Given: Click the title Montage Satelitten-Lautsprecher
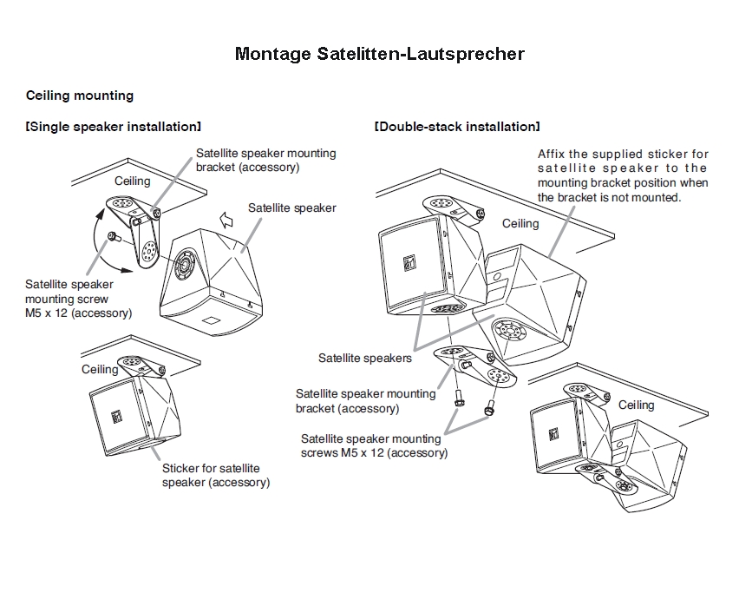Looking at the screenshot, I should click(379, 54).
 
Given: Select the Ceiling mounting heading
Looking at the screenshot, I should click(80, 96).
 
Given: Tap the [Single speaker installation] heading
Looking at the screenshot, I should click(114, 127).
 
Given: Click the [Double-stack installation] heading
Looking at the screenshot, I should click(456, 127).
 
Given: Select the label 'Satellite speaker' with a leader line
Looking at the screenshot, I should click(291, 208).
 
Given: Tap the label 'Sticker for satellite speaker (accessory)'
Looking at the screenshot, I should click(215, 475).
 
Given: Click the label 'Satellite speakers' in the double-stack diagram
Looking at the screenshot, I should click(364, 358).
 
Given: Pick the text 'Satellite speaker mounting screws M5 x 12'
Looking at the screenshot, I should click(374, 445).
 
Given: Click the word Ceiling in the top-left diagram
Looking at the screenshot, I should click(133, 181).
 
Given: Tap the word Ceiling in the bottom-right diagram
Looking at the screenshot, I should click(636, 405).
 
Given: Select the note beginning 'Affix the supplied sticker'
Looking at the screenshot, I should click(622, 175).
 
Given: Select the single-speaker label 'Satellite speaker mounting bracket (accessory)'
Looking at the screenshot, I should click(265, 160).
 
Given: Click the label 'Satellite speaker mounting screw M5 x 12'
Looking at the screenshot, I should click(78, 298).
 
